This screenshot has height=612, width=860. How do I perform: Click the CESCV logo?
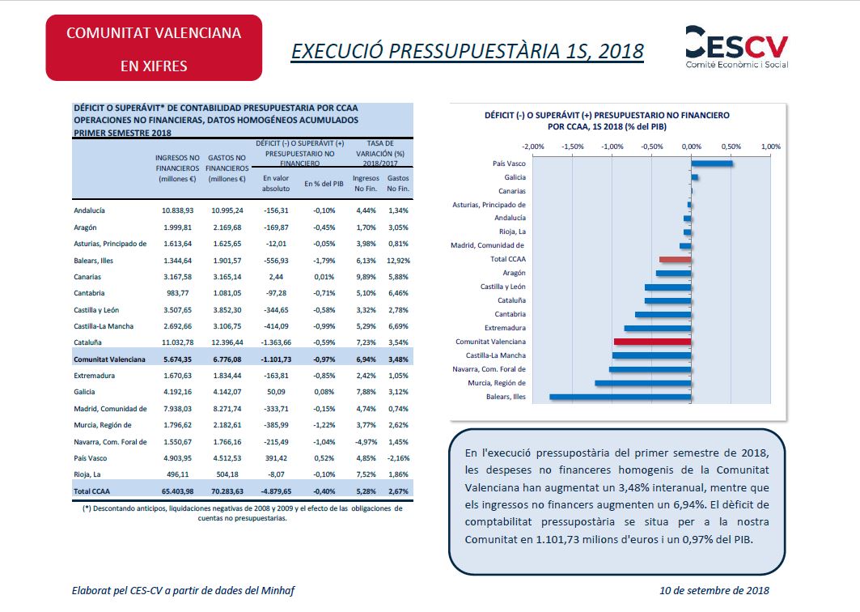736,47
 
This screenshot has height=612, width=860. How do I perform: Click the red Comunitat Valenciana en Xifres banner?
154,48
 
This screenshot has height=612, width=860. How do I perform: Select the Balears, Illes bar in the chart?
621,397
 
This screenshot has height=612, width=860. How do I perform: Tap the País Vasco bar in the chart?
712,164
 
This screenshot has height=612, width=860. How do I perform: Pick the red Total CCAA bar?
676,259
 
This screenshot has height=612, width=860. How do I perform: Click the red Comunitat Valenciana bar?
653,342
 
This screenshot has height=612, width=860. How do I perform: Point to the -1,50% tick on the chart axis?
573,147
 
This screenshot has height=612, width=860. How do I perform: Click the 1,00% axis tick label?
770,147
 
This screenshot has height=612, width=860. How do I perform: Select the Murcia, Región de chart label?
497,383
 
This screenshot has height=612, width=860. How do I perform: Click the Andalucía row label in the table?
89,210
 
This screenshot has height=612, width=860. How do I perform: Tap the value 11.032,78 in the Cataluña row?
178,342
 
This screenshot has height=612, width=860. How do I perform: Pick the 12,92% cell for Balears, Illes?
398,261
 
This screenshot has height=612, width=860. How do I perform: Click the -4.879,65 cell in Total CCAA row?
276,491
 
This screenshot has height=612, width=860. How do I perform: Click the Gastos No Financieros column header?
227,168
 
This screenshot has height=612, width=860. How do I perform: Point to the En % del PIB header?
324,184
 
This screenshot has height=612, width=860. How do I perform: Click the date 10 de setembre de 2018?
714,591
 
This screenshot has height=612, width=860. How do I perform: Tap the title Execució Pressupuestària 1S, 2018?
467,51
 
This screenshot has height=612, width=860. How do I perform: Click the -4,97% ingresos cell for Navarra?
366,442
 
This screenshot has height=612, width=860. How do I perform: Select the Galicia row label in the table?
84,392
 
